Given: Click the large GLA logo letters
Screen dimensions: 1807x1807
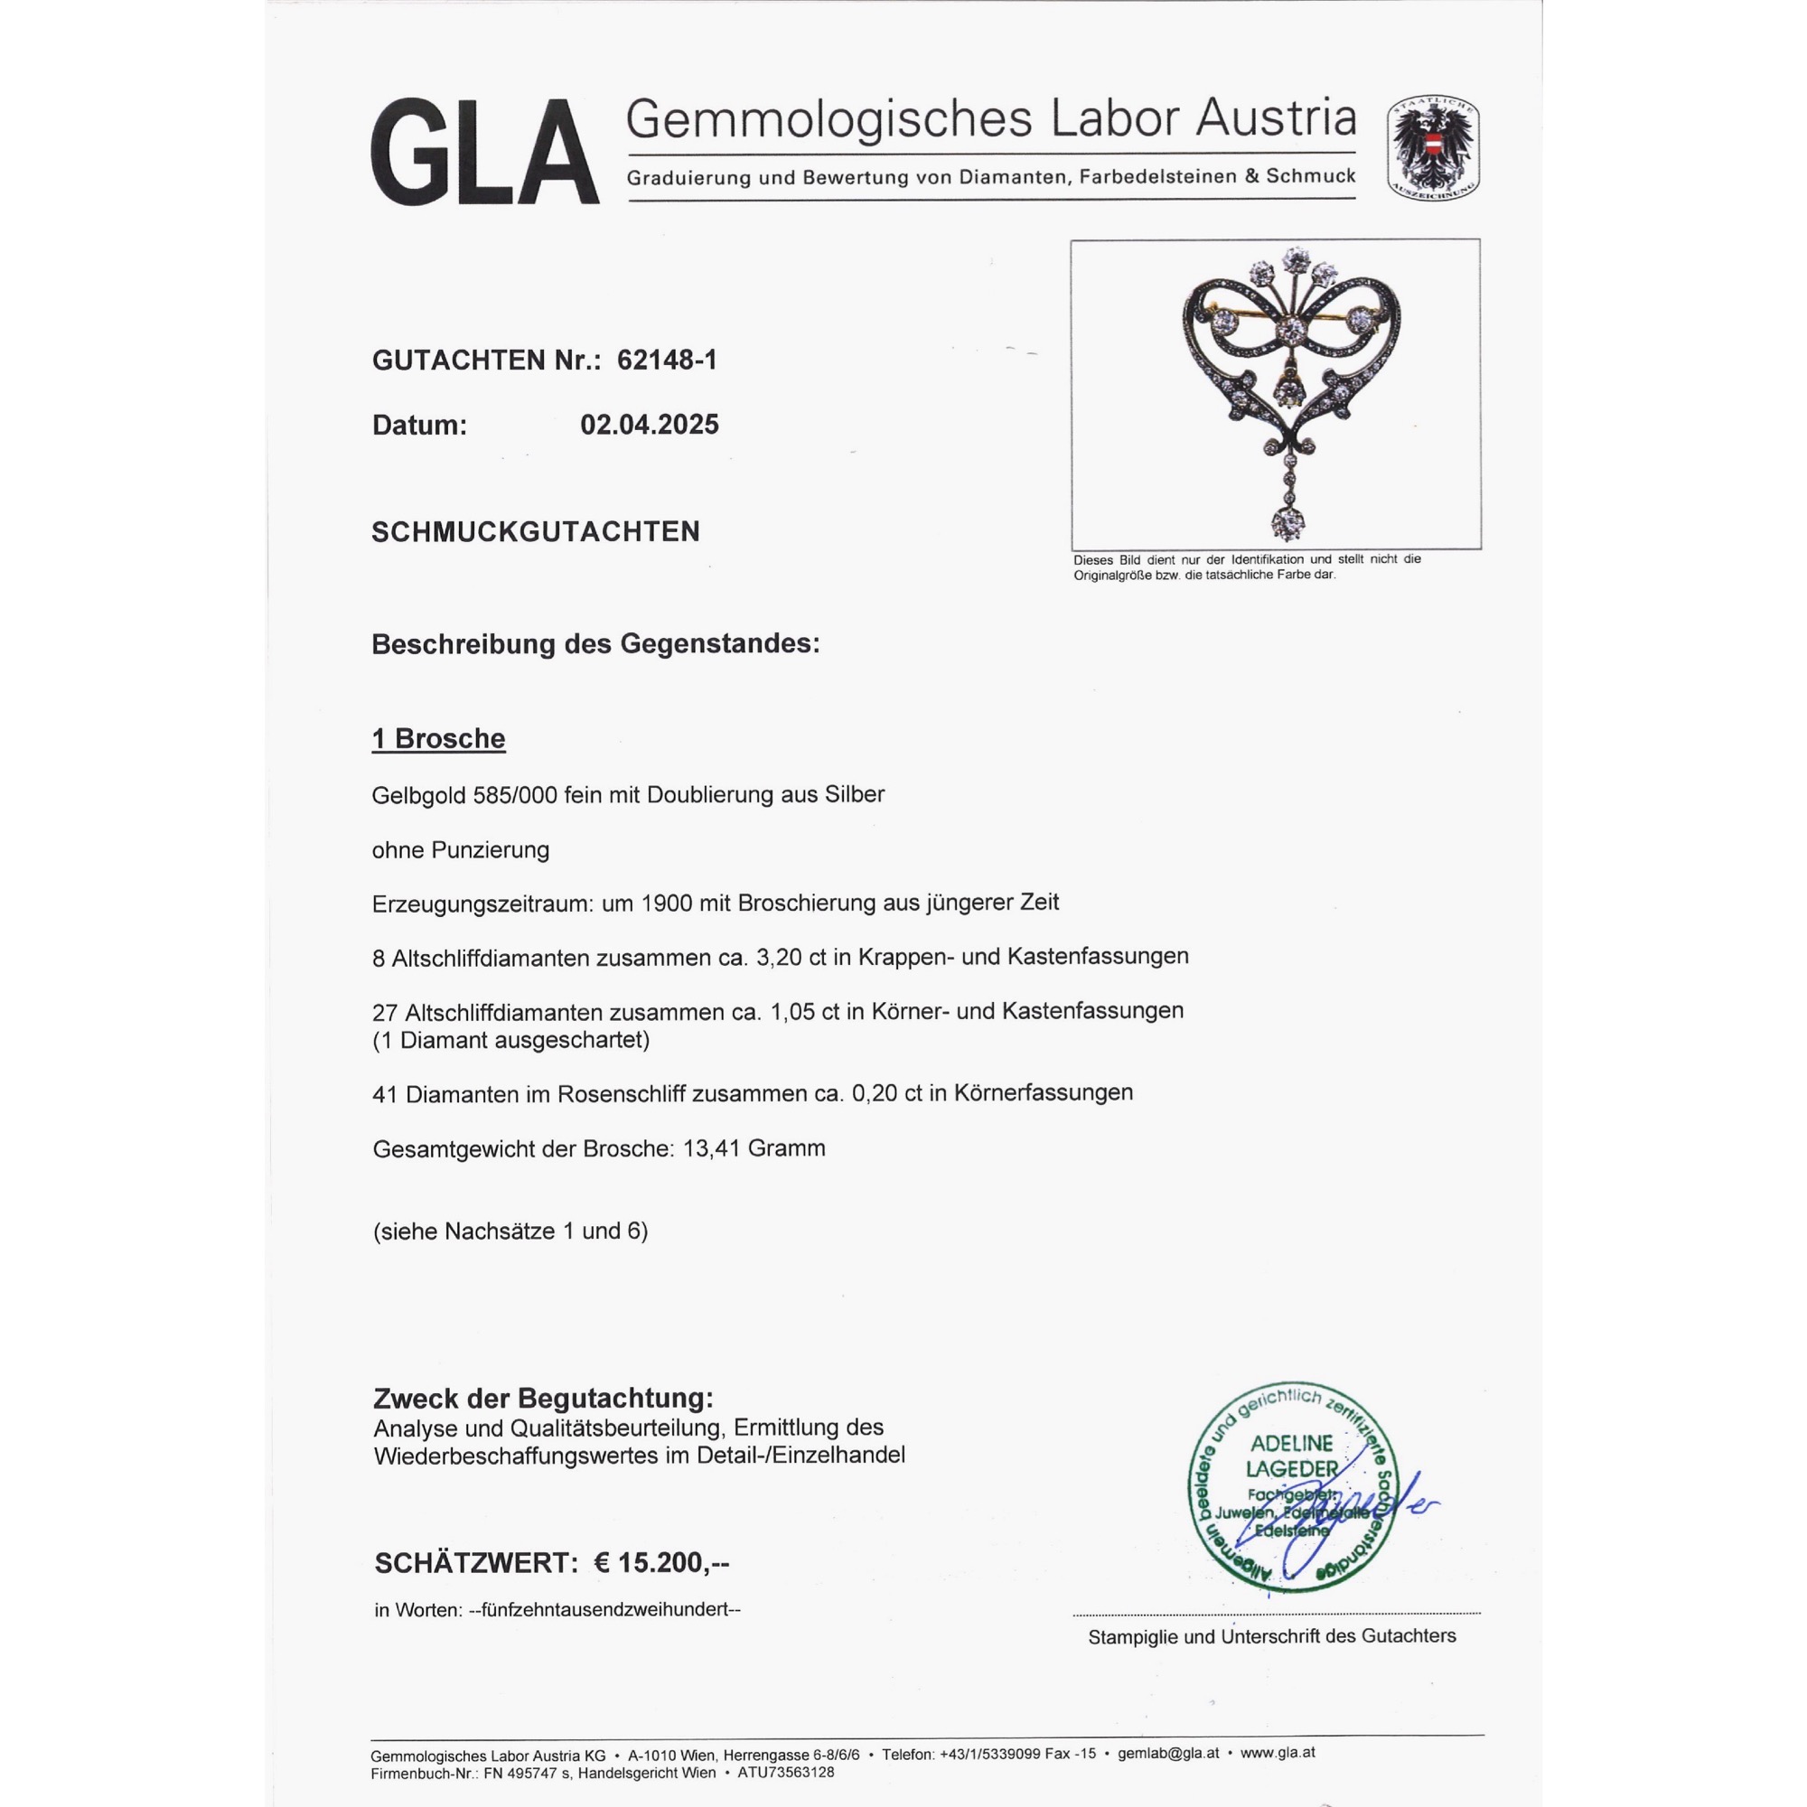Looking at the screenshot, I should tap(484, 153).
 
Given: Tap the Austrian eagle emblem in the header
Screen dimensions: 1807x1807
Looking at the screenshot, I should tap(1433, 148).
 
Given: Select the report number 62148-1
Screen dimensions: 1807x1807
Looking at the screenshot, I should tap(667, 360).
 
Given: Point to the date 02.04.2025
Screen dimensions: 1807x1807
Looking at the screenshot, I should tap(649, 425).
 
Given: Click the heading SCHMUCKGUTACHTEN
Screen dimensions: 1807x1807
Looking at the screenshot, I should tap(536, 532).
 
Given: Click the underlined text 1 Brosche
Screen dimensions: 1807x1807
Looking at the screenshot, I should tap(439, 739).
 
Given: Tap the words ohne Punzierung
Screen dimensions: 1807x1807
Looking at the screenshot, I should tap(460, 850).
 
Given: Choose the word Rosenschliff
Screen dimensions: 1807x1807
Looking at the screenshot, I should tap(621, 1093).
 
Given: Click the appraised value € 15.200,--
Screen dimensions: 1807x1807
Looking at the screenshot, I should tap(661, 1563).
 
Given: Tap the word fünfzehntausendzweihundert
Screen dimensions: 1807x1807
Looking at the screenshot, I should tap(605, 1610).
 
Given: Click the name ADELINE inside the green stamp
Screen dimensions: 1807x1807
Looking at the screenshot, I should tap(1292, 1444).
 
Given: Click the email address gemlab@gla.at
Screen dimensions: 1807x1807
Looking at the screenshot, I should tap(1168, 1754).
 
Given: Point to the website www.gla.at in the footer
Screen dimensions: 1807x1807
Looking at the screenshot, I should tap(1278, 1754).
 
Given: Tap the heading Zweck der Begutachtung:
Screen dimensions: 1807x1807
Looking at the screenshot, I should tap(542, 1399).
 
